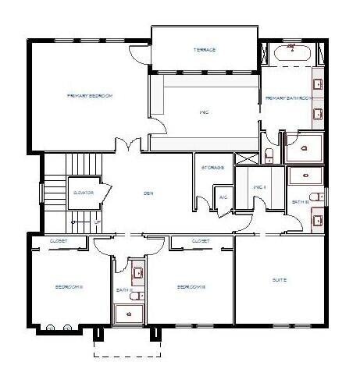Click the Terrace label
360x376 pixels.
204,50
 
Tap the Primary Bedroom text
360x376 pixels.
91,95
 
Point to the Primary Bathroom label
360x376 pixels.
289,98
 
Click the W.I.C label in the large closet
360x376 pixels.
204,112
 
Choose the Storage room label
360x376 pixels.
213,168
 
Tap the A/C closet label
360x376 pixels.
223,197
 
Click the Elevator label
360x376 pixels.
84,191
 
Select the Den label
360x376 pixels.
147,193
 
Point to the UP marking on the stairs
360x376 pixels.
98,222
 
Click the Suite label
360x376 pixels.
279,279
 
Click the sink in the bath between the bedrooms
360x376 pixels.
137,273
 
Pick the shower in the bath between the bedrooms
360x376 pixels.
130,313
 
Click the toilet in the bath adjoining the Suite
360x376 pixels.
311,196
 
